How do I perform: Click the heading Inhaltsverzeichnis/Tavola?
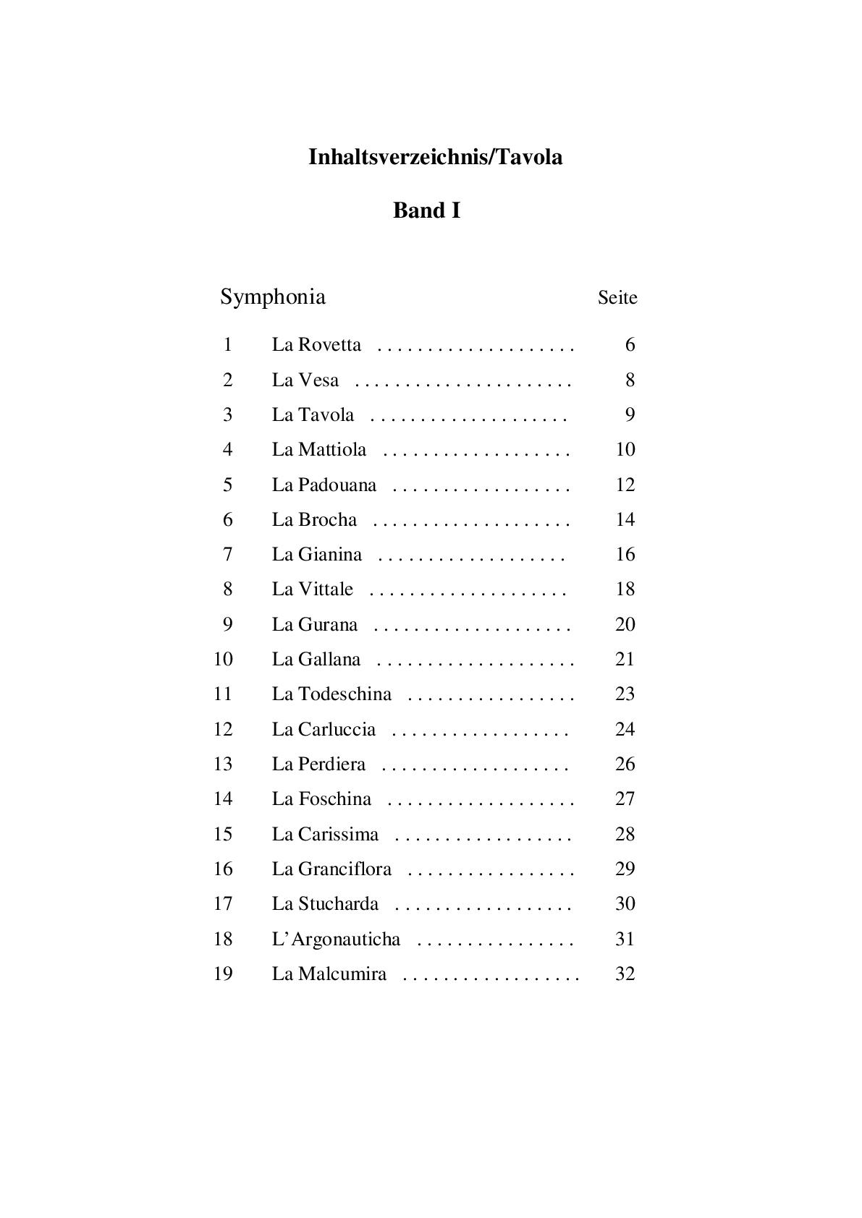435,157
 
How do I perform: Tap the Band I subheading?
426,210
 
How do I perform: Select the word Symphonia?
273,297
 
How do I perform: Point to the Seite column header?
617,297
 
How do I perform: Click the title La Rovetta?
316,344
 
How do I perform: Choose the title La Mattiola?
319,449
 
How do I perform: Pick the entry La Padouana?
324,485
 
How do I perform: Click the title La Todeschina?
331,694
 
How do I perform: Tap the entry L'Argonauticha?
336,939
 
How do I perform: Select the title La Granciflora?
331,869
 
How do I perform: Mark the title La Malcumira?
329,974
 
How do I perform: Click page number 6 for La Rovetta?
630,344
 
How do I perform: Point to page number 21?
625,659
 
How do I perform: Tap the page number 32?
625,974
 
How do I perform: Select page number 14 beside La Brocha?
625,519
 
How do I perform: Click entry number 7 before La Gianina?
227,554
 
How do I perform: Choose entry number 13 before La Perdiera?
223,764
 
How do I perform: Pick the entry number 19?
223,974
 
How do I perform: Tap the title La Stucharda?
325,903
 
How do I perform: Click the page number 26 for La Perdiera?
625,764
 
